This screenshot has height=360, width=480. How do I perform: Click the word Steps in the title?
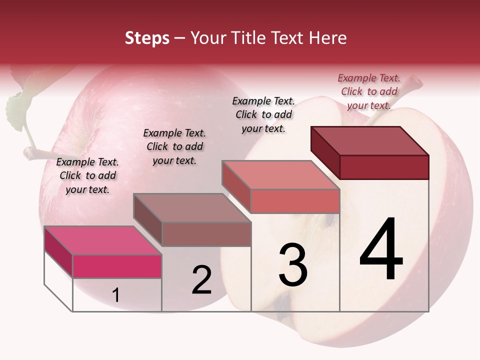pyautogui.click(x=147, y=38)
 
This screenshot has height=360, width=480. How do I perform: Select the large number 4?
pyautogui.click(x=381, y=250)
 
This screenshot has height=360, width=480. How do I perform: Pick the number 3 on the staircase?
pyautogui.click(x=293, y=265)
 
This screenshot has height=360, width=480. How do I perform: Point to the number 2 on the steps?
pyautogui.click(x=202, y=280)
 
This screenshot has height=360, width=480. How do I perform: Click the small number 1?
pyautogui.click(x=116, y=295)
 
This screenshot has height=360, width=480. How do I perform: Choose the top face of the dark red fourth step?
pyautogui.click(x=370, y=140)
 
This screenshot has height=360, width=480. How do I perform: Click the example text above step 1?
pyautogui.click(x=87, y=175)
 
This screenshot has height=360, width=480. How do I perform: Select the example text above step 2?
pyautogui.click(x=174, y=146)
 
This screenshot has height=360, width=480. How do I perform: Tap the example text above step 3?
pyautogui.click(x=263, y=114)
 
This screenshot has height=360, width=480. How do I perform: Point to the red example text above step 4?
pyautogui.click(x=369, y=91)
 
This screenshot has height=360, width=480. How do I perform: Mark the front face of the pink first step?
pyautogui.click(x=117, y=266)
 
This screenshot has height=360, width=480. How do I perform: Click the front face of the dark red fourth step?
pyautogui.click(x=384, y=167)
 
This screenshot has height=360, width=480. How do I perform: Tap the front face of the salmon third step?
pyautogui.click(x=295, y=201)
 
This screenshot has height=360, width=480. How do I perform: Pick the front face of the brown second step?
pyautogui.click(x=206, y=234)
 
